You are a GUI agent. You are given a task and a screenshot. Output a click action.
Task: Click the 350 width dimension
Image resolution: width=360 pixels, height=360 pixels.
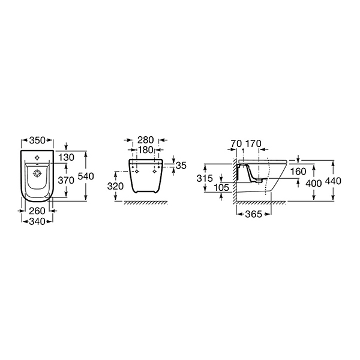[x=37, y=140]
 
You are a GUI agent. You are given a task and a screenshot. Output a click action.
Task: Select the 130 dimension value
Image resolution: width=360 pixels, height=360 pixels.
[x=66, y=157]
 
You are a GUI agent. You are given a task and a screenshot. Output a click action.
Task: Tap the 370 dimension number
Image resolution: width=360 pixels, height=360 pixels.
[x=66, y=180]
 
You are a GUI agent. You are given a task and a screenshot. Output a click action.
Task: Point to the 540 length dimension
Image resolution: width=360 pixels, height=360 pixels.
[x=86, y=176]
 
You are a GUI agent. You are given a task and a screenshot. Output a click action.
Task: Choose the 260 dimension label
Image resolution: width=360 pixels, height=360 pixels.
[x=37, y=211]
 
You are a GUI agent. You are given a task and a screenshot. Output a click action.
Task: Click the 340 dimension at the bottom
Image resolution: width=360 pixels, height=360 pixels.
[x=37, y=221]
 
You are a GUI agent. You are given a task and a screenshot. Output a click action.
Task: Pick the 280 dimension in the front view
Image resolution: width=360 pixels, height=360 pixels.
[x=146, y=140]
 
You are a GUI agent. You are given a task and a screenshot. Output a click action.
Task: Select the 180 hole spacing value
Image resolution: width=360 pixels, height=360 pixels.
[x=145, y=150]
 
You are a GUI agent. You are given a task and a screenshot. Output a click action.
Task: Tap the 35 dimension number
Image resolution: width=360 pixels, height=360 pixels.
[x=181, y=166]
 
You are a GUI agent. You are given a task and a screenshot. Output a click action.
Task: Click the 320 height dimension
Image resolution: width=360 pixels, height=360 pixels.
[x=115, y=186]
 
